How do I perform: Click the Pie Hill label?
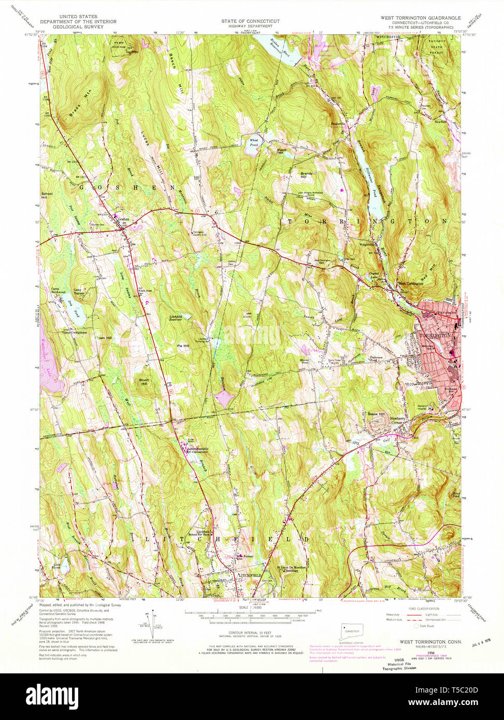coord(183,345)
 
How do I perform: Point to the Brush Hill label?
coord(144,382)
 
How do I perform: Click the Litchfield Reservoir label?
coord(177,318)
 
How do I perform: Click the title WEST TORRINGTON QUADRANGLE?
coord(420,18)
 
